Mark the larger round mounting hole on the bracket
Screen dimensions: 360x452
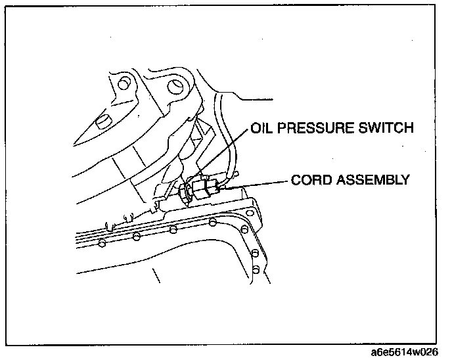click(x=175, y=86)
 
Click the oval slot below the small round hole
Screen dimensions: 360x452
click(x=102, y=121)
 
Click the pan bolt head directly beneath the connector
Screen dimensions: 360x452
click(x=211, y=223)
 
